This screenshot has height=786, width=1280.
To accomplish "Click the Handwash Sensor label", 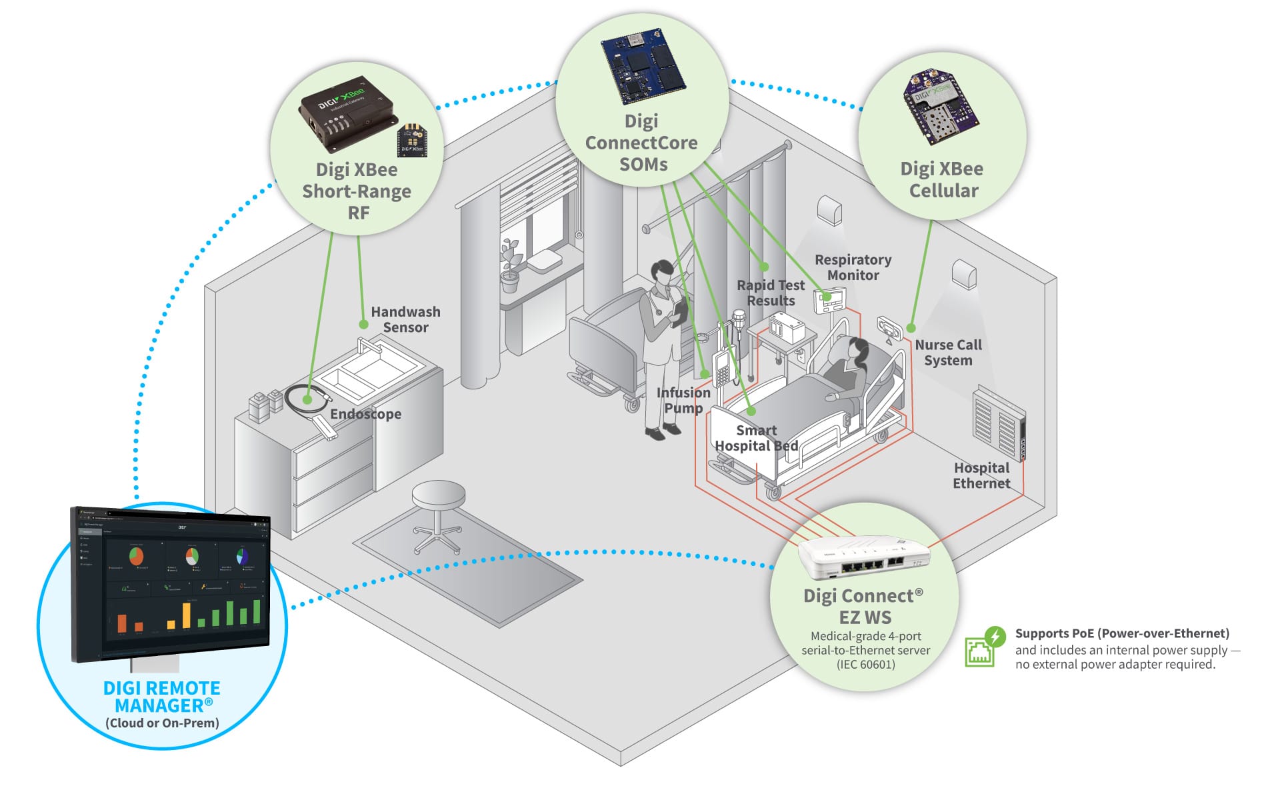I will pyautogui.click(x=405, y=319).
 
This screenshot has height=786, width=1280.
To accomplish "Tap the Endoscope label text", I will pyautogui.click(x=365, y=414).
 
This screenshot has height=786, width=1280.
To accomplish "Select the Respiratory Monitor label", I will pyautogui.click(x=853, y=267).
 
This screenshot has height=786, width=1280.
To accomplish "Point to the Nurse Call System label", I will pyautogui.click(x=948, y=353).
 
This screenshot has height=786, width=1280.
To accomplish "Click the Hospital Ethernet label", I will pyautogui.click(x=981, y=475).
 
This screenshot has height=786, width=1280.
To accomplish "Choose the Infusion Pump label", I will pyautogui.click(x=683, y=400).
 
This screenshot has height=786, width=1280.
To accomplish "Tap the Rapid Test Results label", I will pyautogui.click(x=771, y=293).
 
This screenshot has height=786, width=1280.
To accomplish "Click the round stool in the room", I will pyautogui.click(x=438, y=497).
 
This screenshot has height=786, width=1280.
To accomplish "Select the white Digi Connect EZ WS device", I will pyautogui.click(x=864, y=557).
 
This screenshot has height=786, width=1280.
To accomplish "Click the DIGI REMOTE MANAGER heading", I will pyautogui.click(x=162, y=697).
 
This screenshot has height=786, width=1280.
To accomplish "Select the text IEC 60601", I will pyautogui.click(x=865, y=664).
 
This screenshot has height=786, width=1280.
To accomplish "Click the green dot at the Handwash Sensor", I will pyautogui.click(x=363, y=325).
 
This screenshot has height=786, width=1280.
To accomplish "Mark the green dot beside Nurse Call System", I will pyautogui.click(x=911, y=328).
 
